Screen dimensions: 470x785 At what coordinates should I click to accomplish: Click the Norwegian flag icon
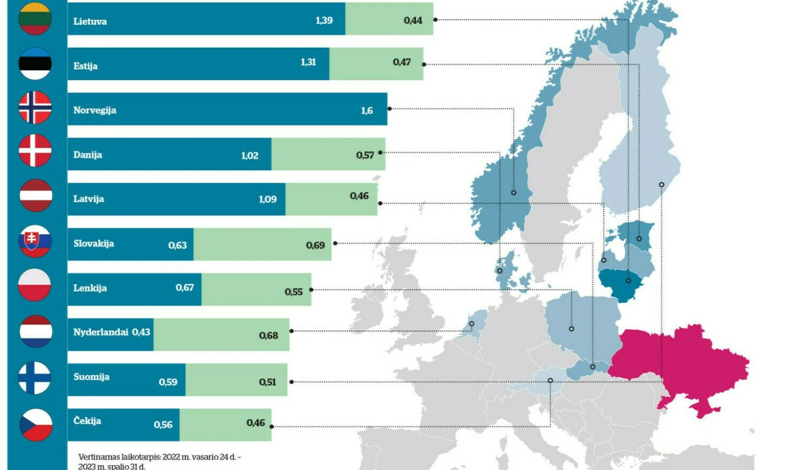(x=35, y=108)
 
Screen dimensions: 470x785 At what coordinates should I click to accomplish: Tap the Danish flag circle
(x=35, y=151)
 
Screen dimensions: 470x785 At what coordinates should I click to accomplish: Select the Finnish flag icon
(x=35, y=377)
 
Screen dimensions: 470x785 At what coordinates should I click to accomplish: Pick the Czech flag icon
(x=36, y=425)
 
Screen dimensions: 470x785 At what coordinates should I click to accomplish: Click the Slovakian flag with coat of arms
(x=35, y=241)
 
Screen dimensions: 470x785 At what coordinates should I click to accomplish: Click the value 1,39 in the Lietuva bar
(x=324, y=20)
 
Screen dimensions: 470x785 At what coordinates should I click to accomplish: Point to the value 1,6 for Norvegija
(x=367, y=110)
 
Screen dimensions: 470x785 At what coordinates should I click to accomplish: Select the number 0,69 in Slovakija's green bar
(x=315, y=245)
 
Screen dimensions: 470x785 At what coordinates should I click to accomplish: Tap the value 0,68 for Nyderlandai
(x=268, y=336)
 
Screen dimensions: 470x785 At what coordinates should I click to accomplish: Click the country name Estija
(x=85, y=66)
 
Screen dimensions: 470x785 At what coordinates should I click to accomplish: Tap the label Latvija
(x=88, y=199)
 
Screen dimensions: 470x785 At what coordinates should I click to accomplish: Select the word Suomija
(x=92, y=376)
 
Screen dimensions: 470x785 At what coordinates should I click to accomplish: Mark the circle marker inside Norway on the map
(x=513, y=193)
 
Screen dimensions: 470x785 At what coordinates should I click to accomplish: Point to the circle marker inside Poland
(x=571, y=329)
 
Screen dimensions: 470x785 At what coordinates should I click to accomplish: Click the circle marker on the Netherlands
(x=472, y=324)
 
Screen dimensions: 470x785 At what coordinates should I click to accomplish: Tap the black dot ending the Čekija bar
(x=272, y=427)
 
